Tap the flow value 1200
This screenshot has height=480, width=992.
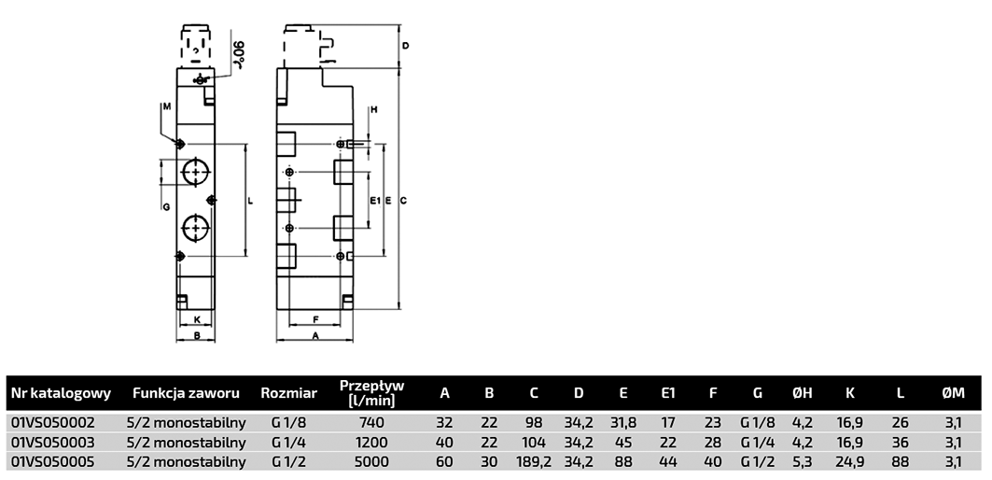tap(371, 442)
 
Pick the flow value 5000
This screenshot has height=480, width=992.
tap(371, 460)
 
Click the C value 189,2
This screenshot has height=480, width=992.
tap(534, 460)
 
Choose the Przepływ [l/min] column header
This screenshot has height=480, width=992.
tap(371, 393)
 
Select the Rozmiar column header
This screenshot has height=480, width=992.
tap(289, 393)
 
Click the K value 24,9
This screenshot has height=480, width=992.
tap(849, 460)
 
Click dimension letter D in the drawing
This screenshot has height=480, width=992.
tap(406, 45)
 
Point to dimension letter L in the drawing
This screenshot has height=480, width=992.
tap(251, 200)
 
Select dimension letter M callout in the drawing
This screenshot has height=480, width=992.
tap(165, 107)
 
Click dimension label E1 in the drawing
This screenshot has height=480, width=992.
tap(373, 200)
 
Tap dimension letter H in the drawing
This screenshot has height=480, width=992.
tap(373, 110)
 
